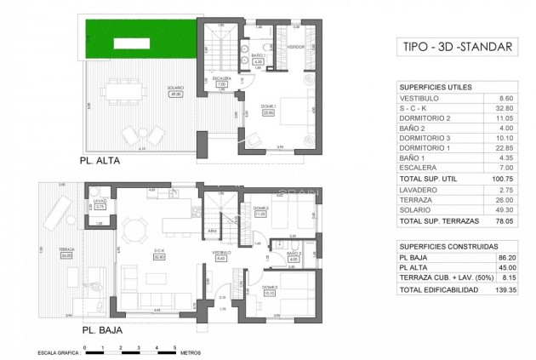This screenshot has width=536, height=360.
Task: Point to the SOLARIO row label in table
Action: coord(416,205)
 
